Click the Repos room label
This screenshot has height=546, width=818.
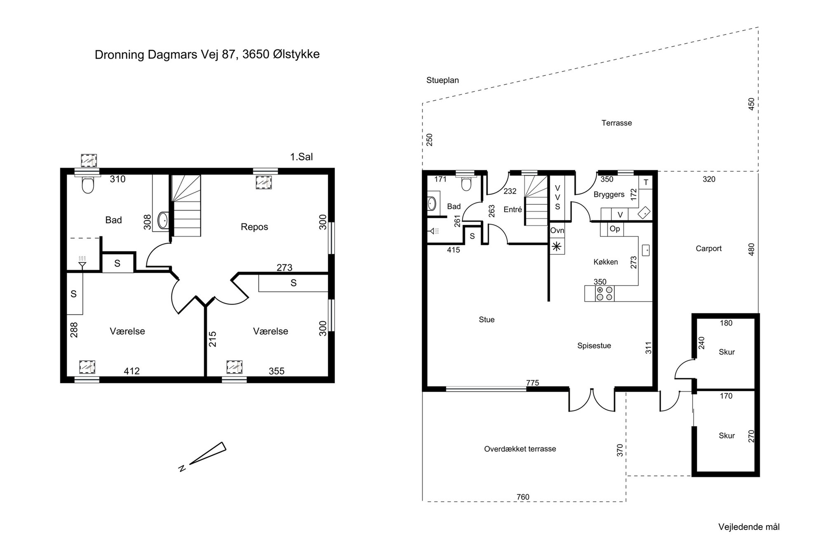pyautogui.click(x=254, y=227)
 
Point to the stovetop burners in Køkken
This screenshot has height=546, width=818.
pyautogui.click(x=604, y=293)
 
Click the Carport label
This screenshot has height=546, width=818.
pyautogui.click(x=708, y=248)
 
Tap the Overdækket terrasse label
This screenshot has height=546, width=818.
pyautogui.click(x=520, y=449)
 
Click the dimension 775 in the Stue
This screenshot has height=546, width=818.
pyautogui.click(x=532, y=383)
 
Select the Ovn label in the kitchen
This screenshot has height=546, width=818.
pyautogui.click(x=557, y=230)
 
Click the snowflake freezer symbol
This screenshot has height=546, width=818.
pyautogui.click(x=557, y=247)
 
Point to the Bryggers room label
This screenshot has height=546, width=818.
pyautogui.click(x=609, y=195)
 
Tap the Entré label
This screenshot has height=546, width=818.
pyautogui.click(x=512, y=210)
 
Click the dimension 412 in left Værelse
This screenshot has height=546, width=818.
pyautogui.click(x=132, y=371)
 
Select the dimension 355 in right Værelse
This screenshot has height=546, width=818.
pyautogui.click(x=276, y=371)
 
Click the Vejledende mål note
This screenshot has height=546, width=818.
pyautogui.click(x=749, y=527)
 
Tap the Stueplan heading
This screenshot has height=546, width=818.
pyautogui.click(x=442, y=80)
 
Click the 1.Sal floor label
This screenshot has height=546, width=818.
pyautogui.click(x=301, y=157)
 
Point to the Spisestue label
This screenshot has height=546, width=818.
pyautogui.click(x=594, y=346)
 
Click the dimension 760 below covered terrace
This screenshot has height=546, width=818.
pyautogui.click(x=523, y=497)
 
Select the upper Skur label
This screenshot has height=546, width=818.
pyautogui.click(x=726, y=352)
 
